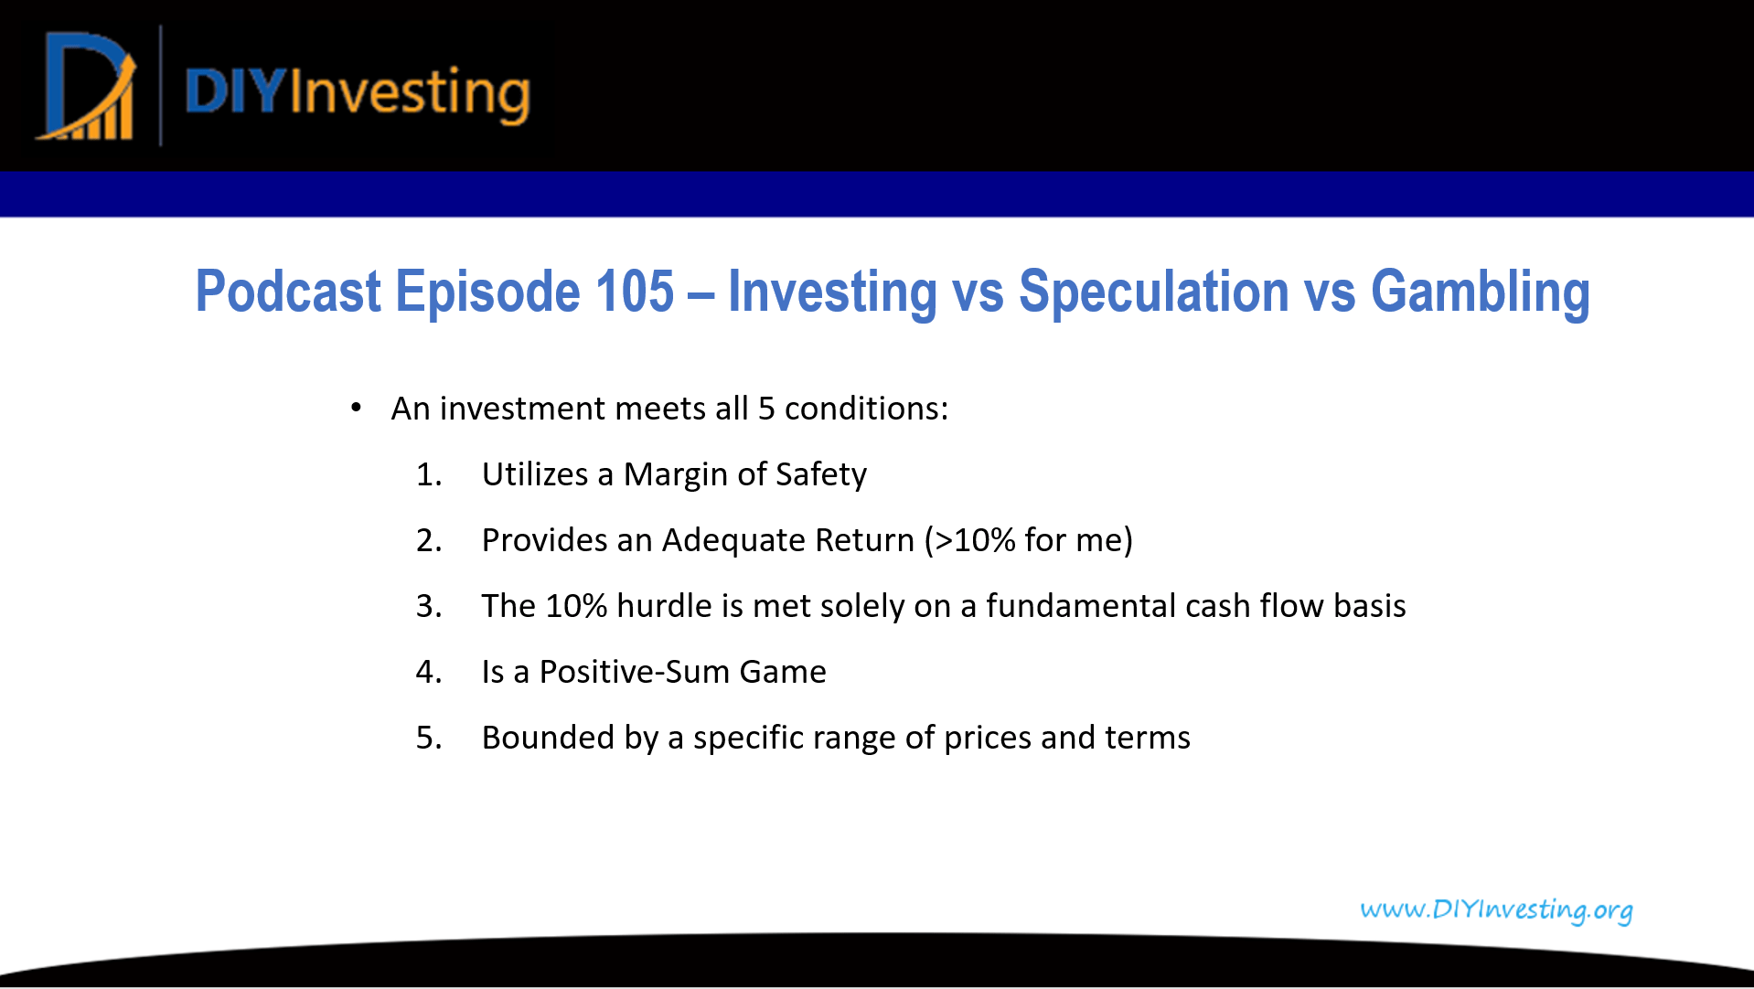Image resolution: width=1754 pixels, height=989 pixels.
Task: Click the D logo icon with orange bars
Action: pyautogui.click(x=88, y=87)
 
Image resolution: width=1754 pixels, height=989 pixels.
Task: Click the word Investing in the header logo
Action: pyautogui.click(x=410, y=94)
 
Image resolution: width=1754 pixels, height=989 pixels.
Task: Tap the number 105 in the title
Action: pyautogui.click(x=635, y=292)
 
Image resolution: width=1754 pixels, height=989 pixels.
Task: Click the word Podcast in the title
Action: pyautogui.click(x=288, y=292)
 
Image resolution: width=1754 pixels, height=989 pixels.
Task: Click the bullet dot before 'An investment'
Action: pyautogui.click(x=357, y=408)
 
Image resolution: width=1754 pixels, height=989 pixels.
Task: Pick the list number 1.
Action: pyautogui.click(x=429, y=474)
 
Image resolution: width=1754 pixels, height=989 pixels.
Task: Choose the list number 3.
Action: pyautogui.click(x=429, y=606)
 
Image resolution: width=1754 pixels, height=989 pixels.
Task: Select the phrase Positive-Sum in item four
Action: pyautogui.click(x=634, y=672)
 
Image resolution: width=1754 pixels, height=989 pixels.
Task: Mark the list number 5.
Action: pyautogui.click(x=429, y=738)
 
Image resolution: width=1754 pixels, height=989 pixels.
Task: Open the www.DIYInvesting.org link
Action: pyautogui.click(x=1496, y=910)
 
